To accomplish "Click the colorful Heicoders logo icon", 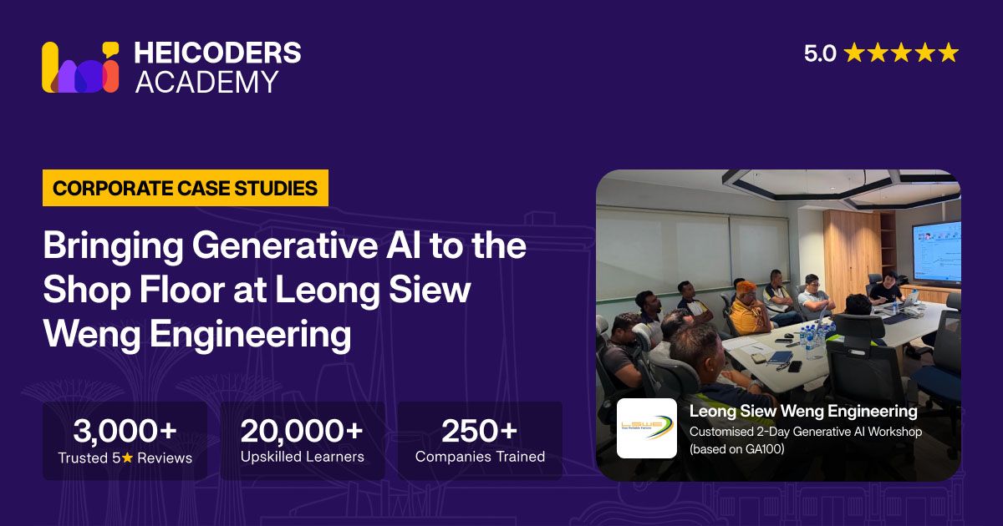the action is pos(80,67).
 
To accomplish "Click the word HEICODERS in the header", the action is pos(217,53).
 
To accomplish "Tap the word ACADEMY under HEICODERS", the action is pos(206,82).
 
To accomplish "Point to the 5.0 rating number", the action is pos(820,53).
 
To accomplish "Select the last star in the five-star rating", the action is pos(948,53).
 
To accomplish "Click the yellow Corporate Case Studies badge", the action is pos(186,188).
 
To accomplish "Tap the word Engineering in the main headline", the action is pos(250,335).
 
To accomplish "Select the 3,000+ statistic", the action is pos(125,430).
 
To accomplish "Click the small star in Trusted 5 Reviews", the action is pos(128,458).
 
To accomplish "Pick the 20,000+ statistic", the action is pos(302,430).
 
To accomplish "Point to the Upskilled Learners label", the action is pos(303,457).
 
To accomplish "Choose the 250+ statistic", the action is pos(480,430).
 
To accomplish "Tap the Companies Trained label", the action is pos(480,456).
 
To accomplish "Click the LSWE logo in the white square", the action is pos(647,428).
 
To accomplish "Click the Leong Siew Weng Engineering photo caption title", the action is pos(803,411).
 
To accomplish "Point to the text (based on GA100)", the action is pos(737,448).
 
